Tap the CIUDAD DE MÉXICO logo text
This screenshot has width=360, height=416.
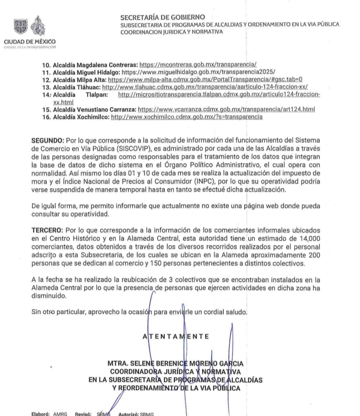pyautogui.click(x=30, y=42)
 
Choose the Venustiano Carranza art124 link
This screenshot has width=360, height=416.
pyautogui.click(x=226, y=110)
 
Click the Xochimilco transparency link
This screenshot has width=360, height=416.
pyautogui.click(x=187, y=117)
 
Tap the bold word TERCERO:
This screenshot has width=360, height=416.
pyautogui.click(x=47, y=230)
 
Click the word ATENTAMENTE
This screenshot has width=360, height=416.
pyautogui.click(x=176, y=337)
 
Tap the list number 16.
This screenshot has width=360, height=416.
pyautogui.click(x=46, y=117)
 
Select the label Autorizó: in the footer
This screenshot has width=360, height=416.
pyautogui.click(x=130, y=414)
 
